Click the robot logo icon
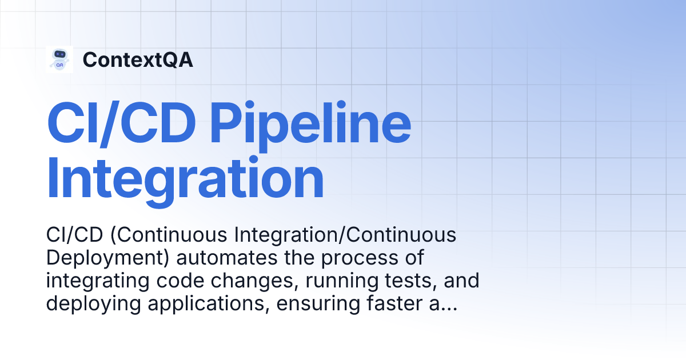pyautogui.click(x=59, y=59)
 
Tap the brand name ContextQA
pyautogui.click(x=138, y=60)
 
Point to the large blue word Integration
pyautogui.click(x=185, y=179)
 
